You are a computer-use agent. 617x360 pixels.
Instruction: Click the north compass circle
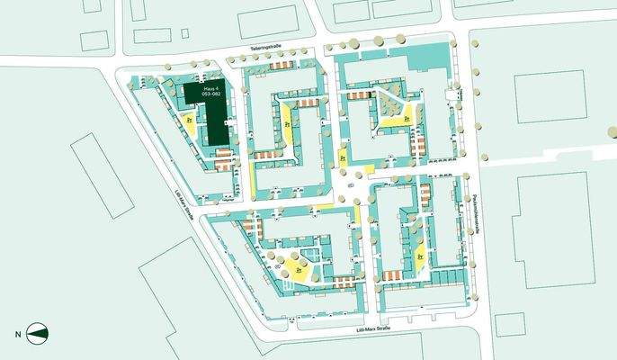pos(39,333)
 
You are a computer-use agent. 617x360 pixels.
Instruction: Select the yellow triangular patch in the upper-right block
pos(397,115)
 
